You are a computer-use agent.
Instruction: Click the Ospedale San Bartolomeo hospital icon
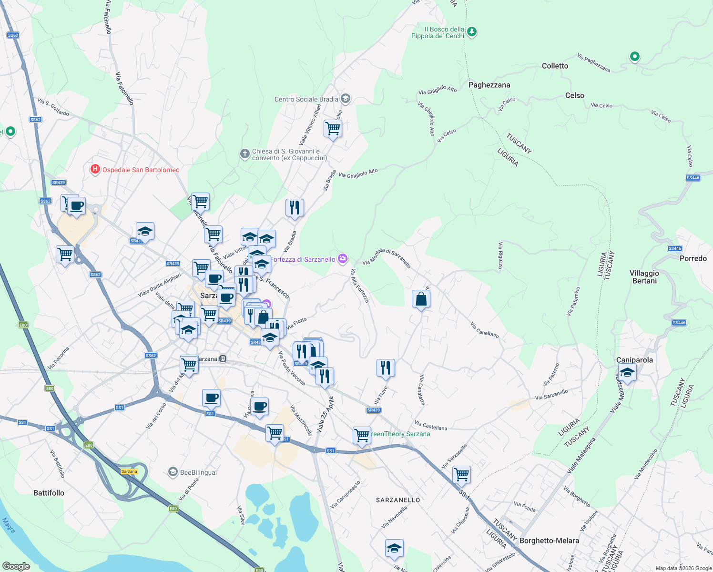pos(95,169)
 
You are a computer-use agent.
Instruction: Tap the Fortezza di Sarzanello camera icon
pos(342,259)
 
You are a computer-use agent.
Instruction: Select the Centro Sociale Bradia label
pos(306,99)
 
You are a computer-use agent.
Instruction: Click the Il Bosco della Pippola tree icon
pos(472,32)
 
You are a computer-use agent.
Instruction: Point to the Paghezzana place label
pos(489,85)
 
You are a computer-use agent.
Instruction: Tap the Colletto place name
pos(555,66)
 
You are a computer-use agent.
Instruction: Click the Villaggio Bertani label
pos(644,277)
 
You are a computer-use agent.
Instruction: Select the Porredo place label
pos(693,258)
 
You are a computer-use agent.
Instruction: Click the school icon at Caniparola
pos(627,372)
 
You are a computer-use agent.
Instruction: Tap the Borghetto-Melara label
pos(549,541)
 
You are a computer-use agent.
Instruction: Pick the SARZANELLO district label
pos(398,500)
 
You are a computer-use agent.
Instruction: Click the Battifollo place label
pos(49,493)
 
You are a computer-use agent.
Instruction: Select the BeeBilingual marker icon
pos(173,472)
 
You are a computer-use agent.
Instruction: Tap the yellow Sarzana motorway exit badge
pos(129,471)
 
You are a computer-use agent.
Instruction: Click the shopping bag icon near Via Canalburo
pos(421,299)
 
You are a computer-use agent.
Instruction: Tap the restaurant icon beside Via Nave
pos(386,368)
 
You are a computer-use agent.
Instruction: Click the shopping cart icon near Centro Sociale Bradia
pos(333,128)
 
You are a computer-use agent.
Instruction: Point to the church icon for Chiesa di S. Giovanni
pos(244,154)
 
